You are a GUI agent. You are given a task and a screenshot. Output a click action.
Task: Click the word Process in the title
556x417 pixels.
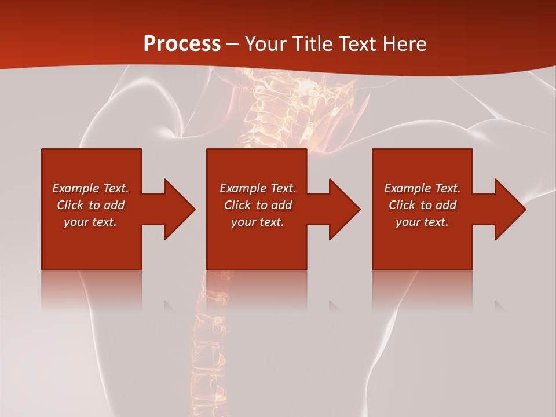(x=182, y=44)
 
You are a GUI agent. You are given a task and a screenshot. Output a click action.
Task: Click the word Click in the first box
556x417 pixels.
(x=70, y=205)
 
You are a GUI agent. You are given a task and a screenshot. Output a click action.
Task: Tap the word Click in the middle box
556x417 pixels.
(x=237, y=205)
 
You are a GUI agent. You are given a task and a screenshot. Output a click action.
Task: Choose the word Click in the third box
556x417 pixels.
(x=402, y=205)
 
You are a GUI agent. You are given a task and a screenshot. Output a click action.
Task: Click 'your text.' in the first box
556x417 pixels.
(x=90, y=222)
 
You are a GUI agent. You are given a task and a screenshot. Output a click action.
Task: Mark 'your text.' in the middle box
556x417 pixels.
(x=258, y=222)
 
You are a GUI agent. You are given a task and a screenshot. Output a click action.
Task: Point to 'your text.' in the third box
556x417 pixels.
(x=422, y=222)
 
